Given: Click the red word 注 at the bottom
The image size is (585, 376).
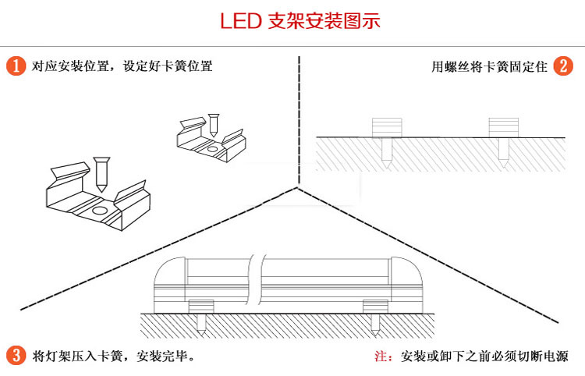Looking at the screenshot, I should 382,356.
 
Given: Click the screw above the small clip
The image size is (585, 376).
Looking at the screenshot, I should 214,124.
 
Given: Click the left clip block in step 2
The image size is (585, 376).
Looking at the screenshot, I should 387,127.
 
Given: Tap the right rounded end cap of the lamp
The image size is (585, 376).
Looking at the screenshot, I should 405,281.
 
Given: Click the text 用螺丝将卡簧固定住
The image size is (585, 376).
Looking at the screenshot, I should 490,66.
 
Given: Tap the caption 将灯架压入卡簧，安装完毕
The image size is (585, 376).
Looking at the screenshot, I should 114,356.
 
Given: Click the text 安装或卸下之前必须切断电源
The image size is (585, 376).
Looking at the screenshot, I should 484,356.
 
